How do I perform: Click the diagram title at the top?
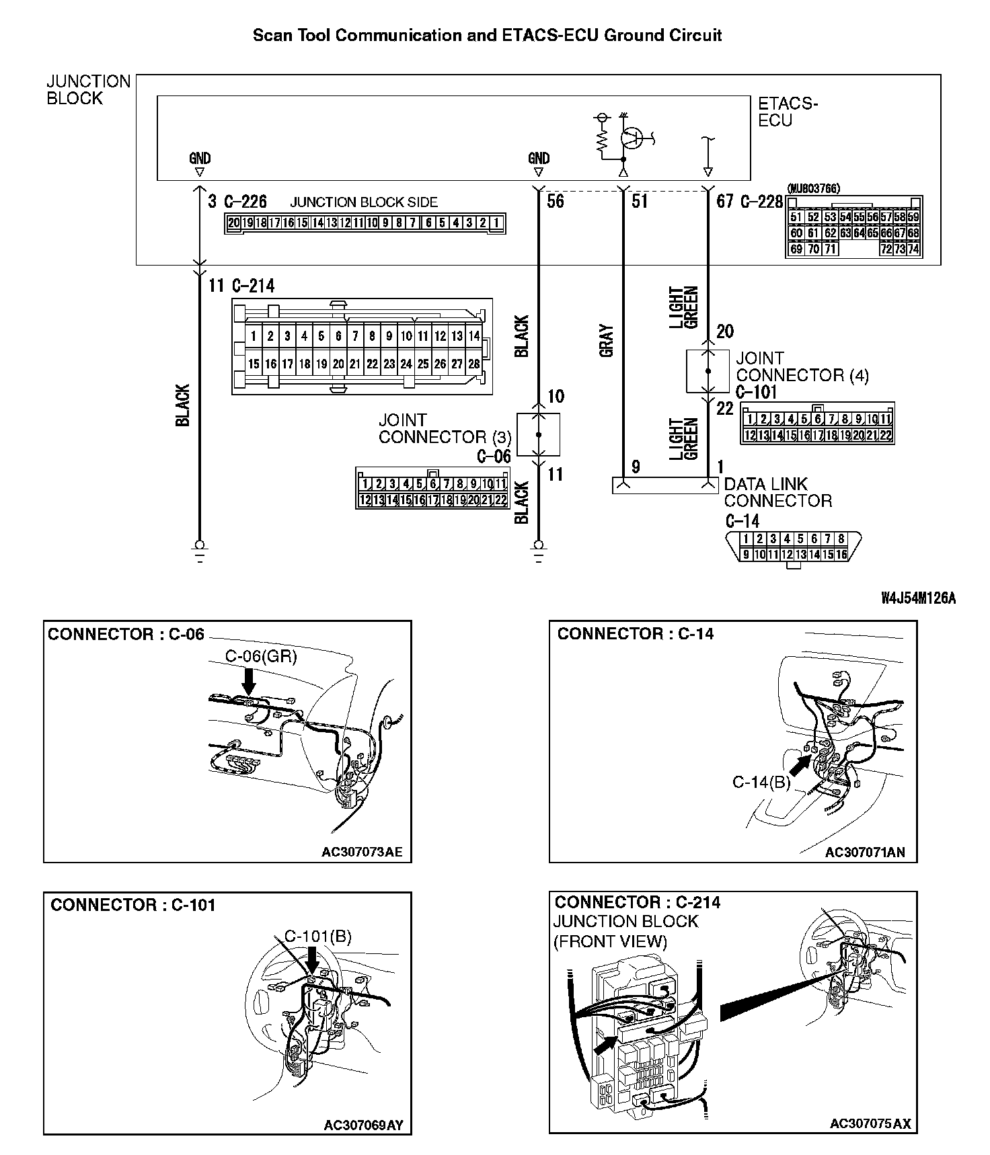487,35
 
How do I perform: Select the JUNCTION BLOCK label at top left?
88,90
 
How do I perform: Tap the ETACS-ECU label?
787,112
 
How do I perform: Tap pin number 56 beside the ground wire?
555,201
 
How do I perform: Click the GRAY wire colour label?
606,341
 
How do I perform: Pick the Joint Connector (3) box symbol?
538,435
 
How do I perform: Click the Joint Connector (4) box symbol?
708,371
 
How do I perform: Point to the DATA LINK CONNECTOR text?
777,492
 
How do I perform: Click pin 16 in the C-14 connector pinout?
841,555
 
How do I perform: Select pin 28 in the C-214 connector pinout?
473,364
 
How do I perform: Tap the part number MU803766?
812,189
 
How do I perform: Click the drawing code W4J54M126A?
918,598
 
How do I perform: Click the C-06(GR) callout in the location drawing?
260,656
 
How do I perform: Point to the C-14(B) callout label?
761,782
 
